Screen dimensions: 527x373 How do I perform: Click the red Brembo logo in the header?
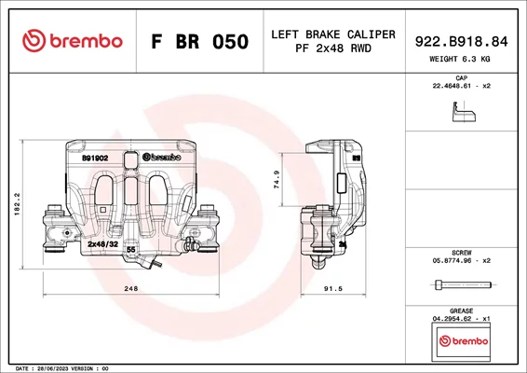pos(73,41)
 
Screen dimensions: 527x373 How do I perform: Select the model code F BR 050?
pos(200,41)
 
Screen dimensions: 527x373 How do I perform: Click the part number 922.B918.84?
pos(462,41)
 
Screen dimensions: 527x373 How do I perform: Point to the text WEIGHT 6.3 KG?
pos(459,59)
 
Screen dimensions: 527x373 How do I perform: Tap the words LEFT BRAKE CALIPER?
pos(333,35)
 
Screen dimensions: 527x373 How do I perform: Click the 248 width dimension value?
pos(131,288)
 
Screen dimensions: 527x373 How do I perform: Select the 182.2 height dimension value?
pos(18,204)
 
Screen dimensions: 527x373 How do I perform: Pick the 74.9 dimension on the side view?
pos(277,179)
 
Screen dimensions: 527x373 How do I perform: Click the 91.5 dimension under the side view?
pos(333,288)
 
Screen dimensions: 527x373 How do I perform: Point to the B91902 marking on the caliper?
pos(95,159)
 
